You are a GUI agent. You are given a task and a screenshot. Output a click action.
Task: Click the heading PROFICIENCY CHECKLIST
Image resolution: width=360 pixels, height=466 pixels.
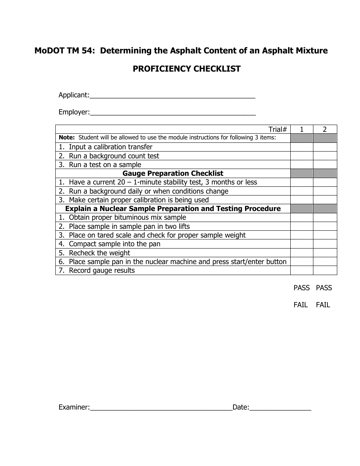pos(186,69)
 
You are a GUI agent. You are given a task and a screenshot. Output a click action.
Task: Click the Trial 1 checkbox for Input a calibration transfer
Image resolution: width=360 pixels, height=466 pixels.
pos(302,147)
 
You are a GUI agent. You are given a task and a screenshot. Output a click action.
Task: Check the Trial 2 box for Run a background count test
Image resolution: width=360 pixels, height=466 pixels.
pos(325,156)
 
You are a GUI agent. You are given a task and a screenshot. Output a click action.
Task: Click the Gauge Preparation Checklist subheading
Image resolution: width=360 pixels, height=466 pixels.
pos(173,174)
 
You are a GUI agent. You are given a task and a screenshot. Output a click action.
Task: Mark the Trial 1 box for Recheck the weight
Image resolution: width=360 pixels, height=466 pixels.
pos(302,253)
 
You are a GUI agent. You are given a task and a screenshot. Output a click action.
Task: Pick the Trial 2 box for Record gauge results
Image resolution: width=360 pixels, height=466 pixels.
pos(325,270)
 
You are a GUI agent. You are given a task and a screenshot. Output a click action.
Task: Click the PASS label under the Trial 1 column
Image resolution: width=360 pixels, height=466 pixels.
pos(302,288)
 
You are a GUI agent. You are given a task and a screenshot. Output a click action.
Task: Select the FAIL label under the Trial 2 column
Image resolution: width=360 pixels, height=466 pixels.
pos(323,305)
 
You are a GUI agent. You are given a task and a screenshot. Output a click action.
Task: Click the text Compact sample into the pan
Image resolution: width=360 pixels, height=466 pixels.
pos(114,244)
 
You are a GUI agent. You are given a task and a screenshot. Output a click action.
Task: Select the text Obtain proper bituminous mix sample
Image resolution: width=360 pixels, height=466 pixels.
pos(127,217)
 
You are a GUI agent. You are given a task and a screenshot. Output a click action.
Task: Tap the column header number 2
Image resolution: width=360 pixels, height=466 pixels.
pos(325,129)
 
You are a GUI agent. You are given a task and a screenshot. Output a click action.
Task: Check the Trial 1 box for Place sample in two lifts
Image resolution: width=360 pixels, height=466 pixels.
pos(302,226)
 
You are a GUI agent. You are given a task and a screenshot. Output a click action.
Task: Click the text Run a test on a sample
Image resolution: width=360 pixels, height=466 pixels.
pos(105,165)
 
